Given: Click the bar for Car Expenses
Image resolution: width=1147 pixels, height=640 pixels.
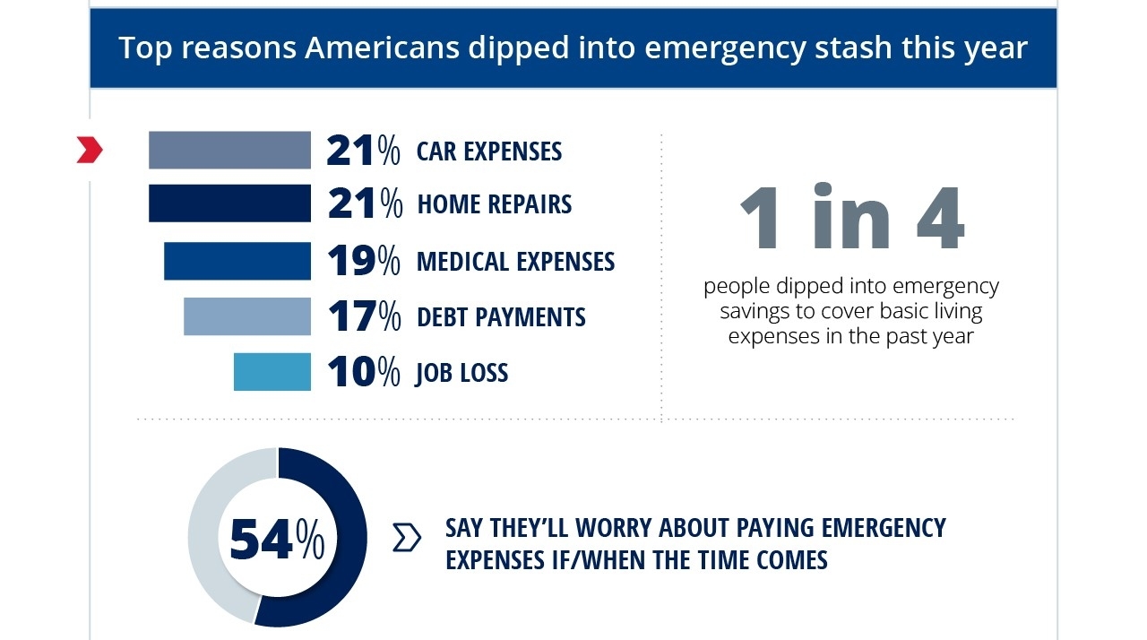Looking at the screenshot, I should [229, 150].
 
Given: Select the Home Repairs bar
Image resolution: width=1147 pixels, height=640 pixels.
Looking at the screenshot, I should [229, 203].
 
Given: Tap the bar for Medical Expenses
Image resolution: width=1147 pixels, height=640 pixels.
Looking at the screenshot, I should [237, 261].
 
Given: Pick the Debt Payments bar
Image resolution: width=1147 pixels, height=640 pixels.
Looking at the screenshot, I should [247, 316].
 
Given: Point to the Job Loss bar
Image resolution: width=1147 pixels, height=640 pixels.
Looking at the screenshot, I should [272, 372].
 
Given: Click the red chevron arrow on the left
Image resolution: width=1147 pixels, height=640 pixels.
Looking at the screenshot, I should [90, 151].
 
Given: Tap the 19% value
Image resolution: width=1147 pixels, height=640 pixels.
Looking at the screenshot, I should [363, 261].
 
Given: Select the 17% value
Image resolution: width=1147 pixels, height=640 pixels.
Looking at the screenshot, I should [363, 316].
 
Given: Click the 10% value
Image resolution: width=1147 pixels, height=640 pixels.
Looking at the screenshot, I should [363, 372].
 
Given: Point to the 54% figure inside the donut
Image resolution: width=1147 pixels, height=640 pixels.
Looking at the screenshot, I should [277, 539].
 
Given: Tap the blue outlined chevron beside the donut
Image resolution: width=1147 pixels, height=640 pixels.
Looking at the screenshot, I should [407, 538].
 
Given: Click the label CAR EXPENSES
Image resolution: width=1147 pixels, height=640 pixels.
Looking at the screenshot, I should [489, 151].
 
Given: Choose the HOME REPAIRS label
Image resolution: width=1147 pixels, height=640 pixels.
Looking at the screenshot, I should [495, 204].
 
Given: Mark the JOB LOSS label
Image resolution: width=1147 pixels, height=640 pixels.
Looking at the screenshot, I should [461, 373].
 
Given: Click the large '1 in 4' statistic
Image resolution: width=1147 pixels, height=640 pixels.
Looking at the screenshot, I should [851, 218].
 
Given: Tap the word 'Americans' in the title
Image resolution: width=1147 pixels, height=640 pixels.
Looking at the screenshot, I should [385, 48].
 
